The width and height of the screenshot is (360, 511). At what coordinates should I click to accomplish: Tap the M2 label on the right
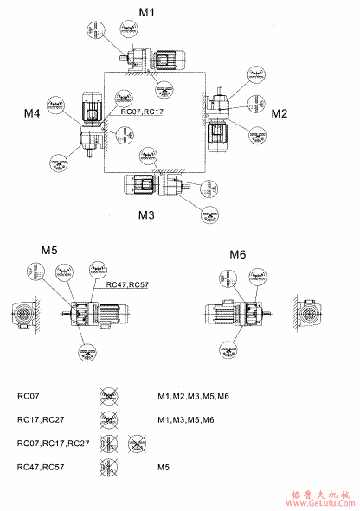pyautogui.click(x=280, y=113)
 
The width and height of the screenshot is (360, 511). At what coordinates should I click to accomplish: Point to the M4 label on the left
pyautogui.click(x=32, y=113)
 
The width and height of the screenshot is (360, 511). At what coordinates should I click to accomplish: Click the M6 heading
pyautogui.click(x=238, y=254)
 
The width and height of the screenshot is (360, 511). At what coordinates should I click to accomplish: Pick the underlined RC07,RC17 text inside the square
pyautogui.click(x=142, y=112)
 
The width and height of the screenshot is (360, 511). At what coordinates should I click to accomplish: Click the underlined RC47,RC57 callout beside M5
pyautogui.click(x=127, y=284)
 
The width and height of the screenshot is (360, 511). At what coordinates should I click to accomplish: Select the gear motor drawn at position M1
pyautogui.click(x=158, y=60)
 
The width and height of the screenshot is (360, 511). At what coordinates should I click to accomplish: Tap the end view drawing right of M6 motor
pyautogui.click(x=310, y=316)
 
